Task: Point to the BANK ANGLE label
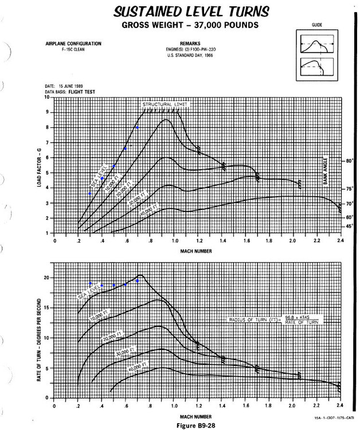click(324, 173)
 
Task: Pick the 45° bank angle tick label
click(349, 226)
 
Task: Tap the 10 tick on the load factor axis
click(47, 97)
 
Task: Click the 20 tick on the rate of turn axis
click(47, 278)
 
